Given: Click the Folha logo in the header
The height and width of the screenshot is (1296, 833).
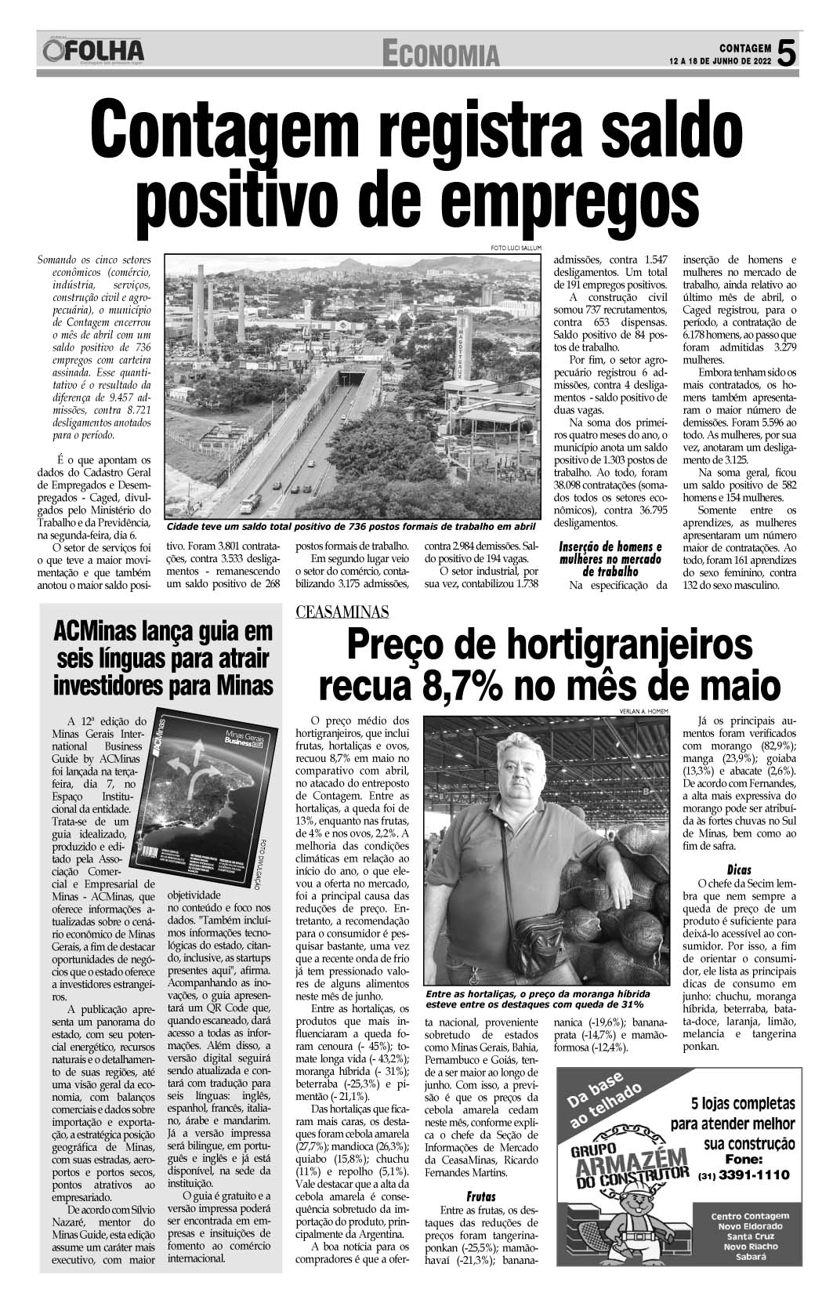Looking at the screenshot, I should (x=94, y=52).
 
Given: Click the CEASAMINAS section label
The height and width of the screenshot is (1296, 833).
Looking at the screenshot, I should (x=342, y=612).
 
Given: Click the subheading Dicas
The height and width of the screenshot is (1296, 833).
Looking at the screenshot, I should (x=739, y=869).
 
